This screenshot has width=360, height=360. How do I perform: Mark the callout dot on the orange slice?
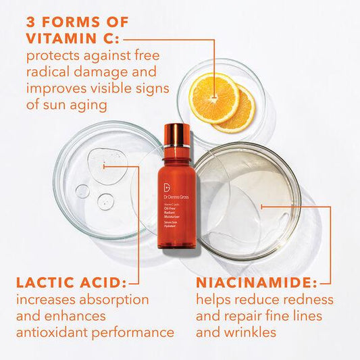coord(214,94)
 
